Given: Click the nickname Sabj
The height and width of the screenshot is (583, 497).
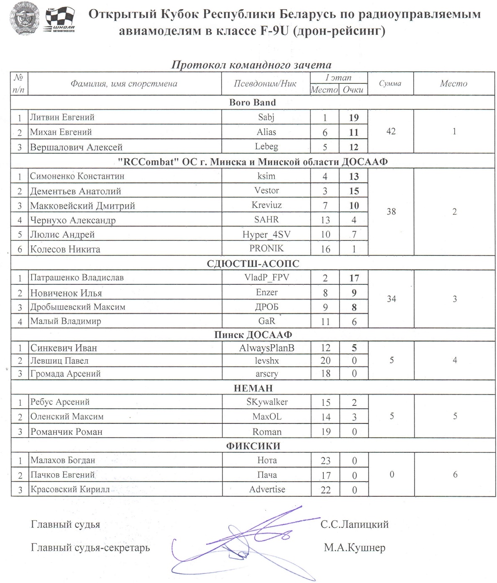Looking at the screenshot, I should [266, 117].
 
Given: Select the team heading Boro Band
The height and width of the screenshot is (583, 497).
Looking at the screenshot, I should [252, 103].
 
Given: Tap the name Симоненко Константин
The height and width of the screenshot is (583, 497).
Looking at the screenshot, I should [77, 176].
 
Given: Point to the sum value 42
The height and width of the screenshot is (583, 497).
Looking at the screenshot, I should [391, 132].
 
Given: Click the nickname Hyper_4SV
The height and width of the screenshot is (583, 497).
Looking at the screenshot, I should [266, 235].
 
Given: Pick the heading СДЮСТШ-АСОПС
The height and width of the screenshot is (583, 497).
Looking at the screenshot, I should [253, 263].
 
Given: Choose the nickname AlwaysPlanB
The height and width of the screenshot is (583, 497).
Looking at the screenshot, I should [266, 348].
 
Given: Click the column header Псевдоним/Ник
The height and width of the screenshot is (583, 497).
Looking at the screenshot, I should [265, 83].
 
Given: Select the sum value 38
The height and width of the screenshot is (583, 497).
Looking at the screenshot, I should [391, 212].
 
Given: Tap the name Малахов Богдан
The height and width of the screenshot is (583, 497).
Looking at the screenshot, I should [63, 460].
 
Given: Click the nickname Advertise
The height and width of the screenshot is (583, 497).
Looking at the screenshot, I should [267, 489].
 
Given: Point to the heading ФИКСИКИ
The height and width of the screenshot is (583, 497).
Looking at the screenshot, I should [253, 446].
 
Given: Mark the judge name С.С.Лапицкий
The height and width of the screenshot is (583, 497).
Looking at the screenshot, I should [354, 524].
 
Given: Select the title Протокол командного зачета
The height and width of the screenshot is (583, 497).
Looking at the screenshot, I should [251, 65].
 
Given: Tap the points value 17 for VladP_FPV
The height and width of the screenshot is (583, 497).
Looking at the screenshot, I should [354, 278].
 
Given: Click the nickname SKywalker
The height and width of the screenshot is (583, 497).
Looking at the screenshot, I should [267, 402].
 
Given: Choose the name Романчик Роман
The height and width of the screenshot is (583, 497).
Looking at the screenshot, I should [66, 432].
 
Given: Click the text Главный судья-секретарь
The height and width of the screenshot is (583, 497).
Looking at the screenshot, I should [90, 548].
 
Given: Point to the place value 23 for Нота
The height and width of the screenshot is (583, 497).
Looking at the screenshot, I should [325, 461].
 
